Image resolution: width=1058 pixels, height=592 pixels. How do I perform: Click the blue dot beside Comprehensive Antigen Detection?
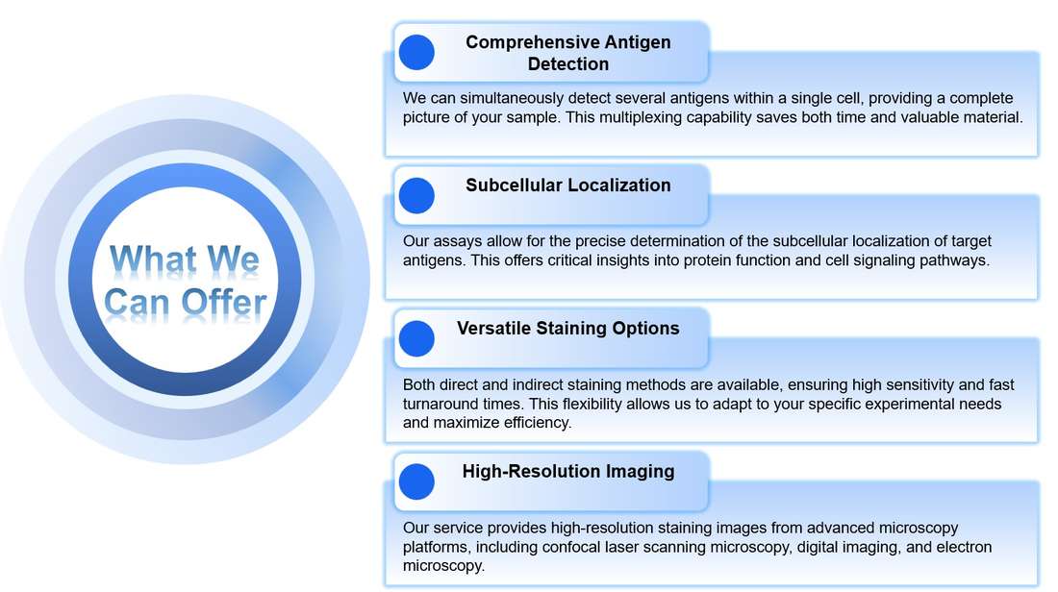tap(416, 52)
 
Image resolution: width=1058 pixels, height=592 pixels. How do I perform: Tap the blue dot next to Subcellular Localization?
tap(416, 195)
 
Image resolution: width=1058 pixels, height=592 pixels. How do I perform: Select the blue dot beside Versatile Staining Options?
tap(416, 338)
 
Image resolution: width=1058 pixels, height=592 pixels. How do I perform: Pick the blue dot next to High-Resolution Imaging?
tap(416, 481)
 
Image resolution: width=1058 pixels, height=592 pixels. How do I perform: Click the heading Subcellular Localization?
tap(567, 185)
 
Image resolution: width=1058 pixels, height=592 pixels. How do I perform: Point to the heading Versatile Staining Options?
tap(567, 329)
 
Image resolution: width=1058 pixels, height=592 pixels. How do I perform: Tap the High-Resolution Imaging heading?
tap(567, 472)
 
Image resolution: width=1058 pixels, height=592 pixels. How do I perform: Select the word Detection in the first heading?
tap(567, 64)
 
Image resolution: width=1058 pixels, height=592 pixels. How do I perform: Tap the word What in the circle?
tap(147, 259)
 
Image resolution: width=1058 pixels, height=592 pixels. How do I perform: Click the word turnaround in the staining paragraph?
tap(441, 404)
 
